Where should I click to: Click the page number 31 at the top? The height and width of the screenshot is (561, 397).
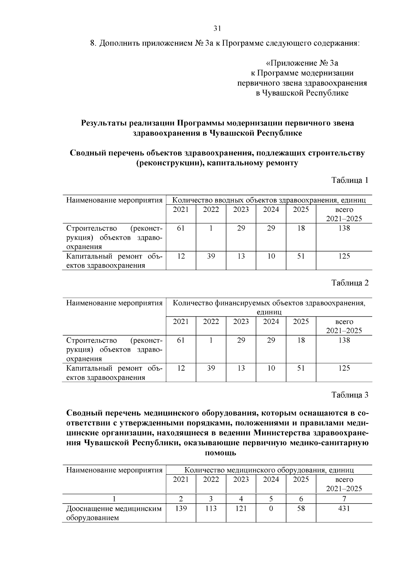217,28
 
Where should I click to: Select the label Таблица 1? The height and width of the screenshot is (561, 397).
350,180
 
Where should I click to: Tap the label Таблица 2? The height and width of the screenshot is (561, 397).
350,283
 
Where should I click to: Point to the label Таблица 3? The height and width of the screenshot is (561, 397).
350,395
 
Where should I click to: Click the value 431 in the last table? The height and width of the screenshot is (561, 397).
344,509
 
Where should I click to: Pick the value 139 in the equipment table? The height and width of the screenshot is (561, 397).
181,509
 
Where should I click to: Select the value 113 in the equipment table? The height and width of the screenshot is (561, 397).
211,509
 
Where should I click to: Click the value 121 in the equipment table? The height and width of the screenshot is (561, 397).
241,509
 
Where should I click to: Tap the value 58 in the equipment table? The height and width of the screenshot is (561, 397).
301,509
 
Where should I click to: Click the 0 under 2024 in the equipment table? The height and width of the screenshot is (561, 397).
271,509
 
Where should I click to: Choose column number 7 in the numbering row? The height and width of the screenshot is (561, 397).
344,499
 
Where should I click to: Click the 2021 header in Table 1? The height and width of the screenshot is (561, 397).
181,210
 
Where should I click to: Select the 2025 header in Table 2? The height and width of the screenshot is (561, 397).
301,322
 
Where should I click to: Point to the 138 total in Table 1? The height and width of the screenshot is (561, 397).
344,228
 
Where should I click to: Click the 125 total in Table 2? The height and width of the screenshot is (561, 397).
344,368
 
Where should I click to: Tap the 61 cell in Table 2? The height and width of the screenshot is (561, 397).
181,341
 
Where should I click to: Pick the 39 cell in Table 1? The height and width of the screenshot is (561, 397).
211,256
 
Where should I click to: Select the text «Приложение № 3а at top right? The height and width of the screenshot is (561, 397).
302,63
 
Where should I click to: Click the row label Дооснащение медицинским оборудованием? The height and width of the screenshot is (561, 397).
114,513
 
